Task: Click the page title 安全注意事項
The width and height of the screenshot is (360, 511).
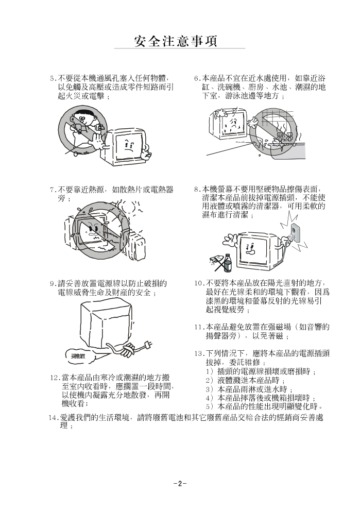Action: pos(176,41)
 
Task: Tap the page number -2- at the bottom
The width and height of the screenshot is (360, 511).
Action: pos(180,483)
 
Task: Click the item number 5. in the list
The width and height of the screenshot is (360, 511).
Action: pos(53,78)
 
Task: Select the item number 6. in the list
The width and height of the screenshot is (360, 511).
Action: pos(197,78)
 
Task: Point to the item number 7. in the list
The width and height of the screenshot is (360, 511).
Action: pos(53,190)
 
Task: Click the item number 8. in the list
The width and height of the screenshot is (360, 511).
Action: pos(197,190)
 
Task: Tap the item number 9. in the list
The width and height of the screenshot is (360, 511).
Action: pos(53,284)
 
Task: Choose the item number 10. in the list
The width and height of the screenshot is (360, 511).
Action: pos(199,283)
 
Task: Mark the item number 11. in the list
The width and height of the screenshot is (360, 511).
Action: pos(199,327)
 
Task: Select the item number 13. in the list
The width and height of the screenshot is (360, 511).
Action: pos(199,354)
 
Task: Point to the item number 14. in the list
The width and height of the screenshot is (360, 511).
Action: pos(54,418)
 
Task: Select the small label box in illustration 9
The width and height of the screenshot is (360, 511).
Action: pos(78,356)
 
